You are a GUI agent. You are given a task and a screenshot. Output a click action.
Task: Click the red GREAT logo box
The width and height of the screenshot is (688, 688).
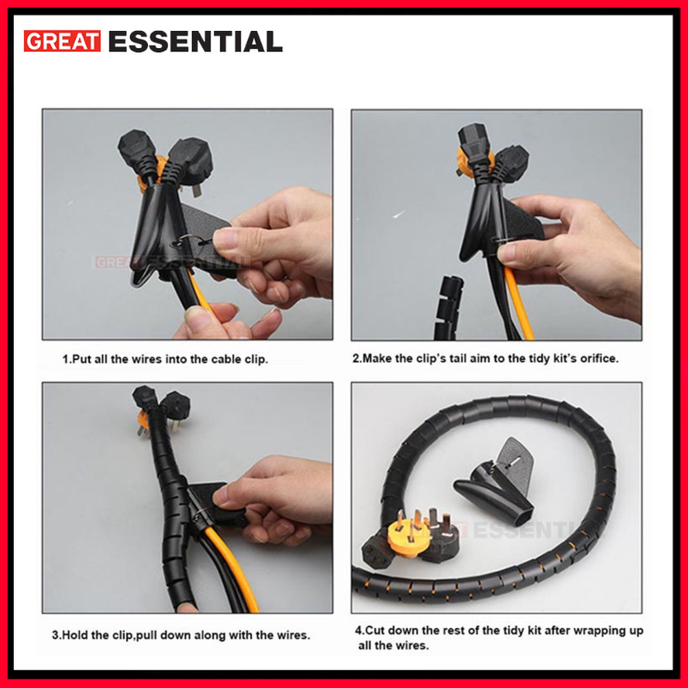[x=63, y=41]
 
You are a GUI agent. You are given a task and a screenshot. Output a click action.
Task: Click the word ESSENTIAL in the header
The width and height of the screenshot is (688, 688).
[x=195, y=41]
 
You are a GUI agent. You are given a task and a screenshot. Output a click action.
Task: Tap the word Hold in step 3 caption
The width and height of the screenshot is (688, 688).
[x=74, y=635]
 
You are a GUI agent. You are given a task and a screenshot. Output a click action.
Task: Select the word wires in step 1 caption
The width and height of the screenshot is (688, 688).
[x=149, y=359]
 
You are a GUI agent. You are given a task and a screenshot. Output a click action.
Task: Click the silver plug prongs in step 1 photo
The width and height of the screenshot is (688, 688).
[x=197, y=190]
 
